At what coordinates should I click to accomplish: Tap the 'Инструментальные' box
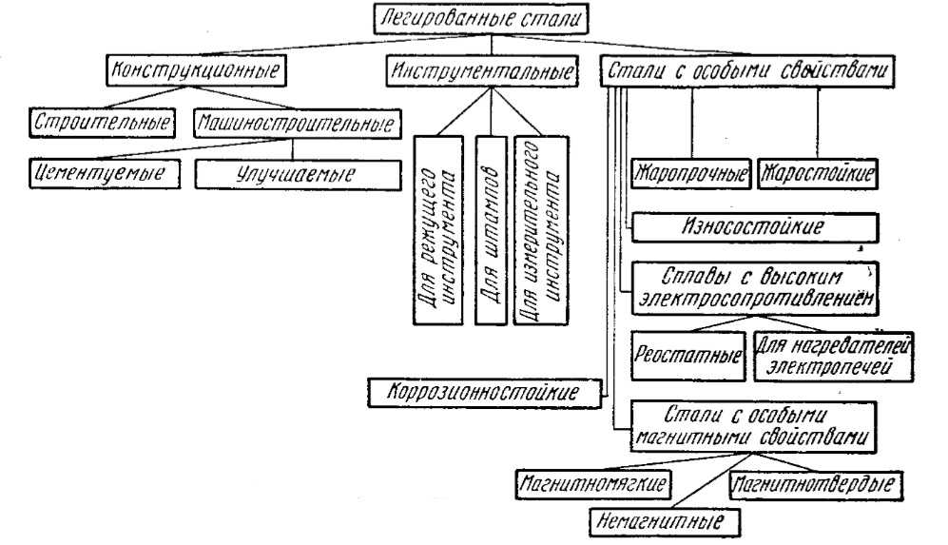(483, 72)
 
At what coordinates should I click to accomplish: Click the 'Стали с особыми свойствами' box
(748, 73)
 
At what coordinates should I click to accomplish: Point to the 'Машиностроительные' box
(297, 124)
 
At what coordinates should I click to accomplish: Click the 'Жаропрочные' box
(691, 176)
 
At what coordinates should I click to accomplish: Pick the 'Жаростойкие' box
(816, 176)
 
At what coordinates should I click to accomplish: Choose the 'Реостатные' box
(687, 357)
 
